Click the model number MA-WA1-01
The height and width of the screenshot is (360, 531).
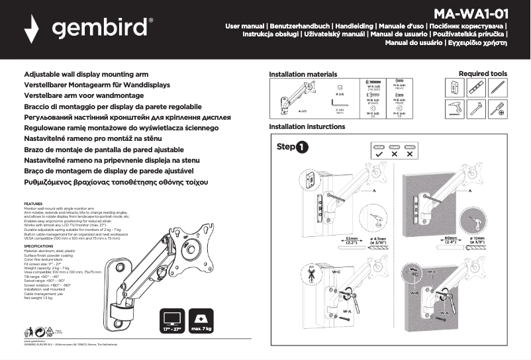pyautogui.click(x=471, y=14)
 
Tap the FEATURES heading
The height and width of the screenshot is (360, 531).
pyautogui.click(x=33, y=203)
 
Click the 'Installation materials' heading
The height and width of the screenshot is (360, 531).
pyautogui.click(x=303, y=74)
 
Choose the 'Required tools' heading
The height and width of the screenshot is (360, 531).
pyautogui.click(x=483, y=73)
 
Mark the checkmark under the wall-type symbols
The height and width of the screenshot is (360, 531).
pyautogui.click(x=379, y=154)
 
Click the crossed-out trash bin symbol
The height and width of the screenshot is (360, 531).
pyautogui.click(x=28, y=332)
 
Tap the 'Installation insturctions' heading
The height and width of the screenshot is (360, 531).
pyautogui.click(x=307, y=126)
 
